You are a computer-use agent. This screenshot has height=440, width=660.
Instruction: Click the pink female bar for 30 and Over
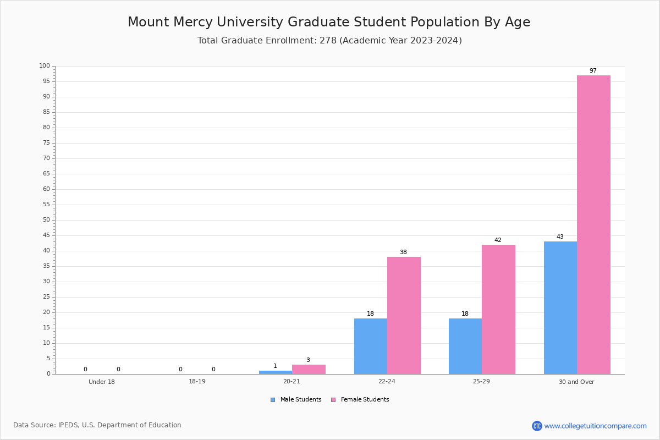(593, 224)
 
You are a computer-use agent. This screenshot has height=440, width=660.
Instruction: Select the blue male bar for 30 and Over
(560, 307)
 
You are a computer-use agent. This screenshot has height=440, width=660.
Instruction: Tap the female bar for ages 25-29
(498, 310)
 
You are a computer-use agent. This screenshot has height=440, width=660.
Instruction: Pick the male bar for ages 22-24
(371, 346)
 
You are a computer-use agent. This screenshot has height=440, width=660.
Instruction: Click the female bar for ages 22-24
(404, 316)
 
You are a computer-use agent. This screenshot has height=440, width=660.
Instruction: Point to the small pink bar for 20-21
(309, 370)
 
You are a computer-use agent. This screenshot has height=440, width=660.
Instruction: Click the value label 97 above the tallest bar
(593, 71)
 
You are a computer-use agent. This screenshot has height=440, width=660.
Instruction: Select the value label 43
(560, 237)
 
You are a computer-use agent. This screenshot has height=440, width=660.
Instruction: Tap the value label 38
(403, 252)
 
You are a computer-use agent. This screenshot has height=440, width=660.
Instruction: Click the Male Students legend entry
(296, 400)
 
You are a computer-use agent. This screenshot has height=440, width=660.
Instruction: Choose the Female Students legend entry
(360, 400)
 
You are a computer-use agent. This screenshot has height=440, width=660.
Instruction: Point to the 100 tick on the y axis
(45, 65)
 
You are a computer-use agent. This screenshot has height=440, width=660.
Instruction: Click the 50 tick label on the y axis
(47, 220)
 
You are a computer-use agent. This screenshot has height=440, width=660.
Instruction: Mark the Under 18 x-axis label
(102, 382)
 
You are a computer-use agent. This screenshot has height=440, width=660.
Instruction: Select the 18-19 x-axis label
(197, 381)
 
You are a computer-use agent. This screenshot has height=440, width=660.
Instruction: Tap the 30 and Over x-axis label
(576, 382)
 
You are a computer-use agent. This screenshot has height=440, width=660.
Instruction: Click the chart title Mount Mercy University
(329, 22)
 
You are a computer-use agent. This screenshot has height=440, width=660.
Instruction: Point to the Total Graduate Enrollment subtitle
(329, 40)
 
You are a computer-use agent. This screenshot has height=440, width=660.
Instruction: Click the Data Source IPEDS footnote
(97, 425)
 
